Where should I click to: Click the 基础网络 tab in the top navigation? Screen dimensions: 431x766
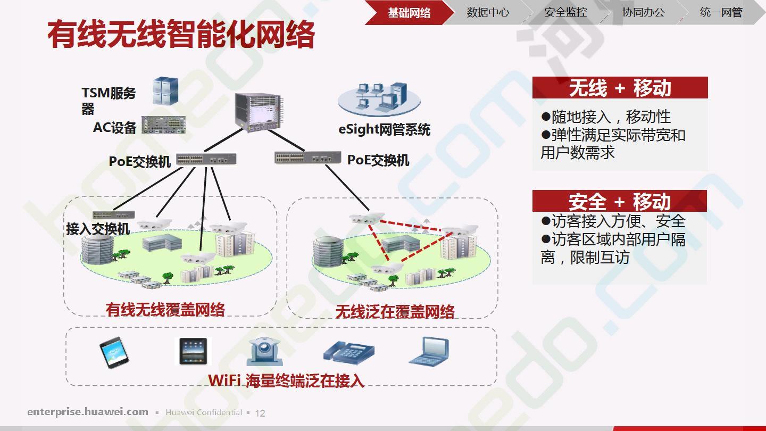click(409, 13)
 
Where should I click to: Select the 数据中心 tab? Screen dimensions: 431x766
click(488, 13)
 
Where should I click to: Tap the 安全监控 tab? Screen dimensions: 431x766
click(565, 13)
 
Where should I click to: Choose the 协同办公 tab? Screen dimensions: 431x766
click(643, 13)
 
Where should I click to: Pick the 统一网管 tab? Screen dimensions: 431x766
click(721, 13)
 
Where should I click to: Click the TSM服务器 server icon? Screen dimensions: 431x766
click(165, 91)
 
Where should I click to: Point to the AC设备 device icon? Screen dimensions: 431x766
click(163, 125)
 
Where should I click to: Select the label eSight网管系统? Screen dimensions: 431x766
click(384, 129)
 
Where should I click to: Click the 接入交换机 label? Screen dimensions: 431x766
click(98, 229)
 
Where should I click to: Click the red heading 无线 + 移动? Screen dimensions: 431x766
click(620, 88)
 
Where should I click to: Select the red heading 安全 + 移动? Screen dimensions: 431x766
click(620, 202)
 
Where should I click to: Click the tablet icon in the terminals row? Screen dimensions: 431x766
click(193, 351)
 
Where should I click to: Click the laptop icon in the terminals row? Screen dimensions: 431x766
click(428, 351)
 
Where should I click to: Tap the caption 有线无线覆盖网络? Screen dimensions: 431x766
click(165, 310)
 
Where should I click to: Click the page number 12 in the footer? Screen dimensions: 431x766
click(260, 413)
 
